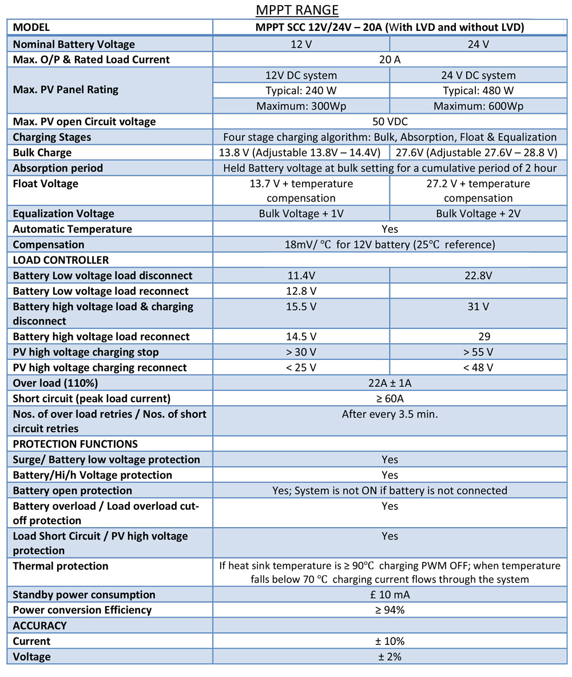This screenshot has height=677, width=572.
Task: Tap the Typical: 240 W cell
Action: point(301,90)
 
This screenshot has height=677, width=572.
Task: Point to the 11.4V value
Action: point(301,275)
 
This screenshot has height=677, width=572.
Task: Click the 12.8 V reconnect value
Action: point(301,291)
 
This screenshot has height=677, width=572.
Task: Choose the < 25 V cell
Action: point(301,367)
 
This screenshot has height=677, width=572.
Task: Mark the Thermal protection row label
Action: point(60,566)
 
